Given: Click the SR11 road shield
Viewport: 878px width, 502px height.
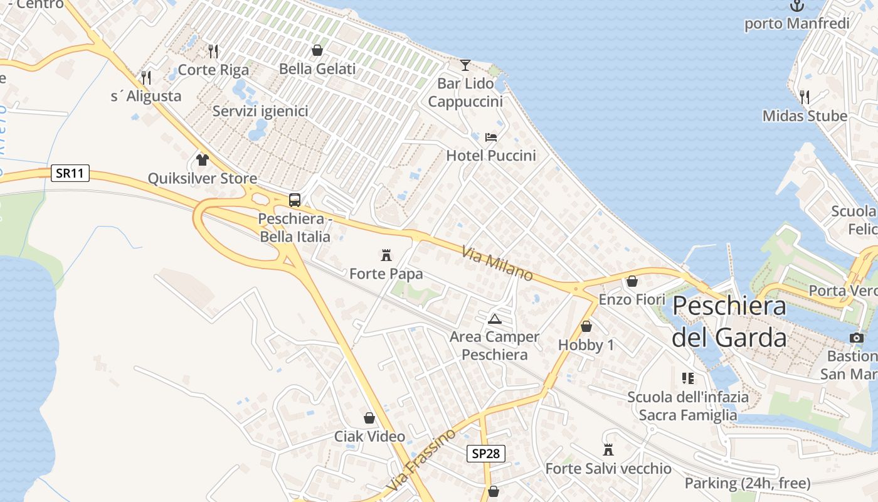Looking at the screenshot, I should coord(70,173).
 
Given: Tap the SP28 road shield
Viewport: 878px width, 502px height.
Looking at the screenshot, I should coord(485,453).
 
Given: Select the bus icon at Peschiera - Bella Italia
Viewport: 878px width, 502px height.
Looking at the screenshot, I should coord(295,200).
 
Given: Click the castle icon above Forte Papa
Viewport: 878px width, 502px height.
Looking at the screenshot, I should coord(386,255).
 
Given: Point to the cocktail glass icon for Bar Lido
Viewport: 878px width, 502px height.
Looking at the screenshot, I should coord(465,65).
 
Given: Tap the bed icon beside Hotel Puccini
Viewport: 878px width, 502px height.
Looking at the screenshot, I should coord(491,137).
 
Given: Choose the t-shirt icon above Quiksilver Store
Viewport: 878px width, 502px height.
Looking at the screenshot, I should coord(202,159).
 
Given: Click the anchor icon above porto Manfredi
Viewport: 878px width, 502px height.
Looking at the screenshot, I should coord(796,6).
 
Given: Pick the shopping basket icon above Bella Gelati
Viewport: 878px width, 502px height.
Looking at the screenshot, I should coord(317,50).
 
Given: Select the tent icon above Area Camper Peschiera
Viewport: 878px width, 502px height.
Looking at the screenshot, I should coord(494,318).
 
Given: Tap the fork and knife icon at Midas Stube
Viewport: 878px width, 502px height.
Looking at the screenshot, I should coord(805,97).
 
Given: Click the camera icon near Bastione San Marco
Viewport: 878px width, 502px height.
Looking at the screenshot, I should coord(856,338).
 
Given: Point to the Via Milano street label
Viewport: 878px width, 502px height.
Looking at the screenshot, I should coord(497,264).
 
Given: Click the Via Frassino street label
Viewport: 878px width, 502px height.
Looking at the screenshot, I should coord(421,460).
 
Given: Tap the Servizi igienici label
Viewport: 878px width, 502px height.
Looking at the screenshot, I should coord(260,111).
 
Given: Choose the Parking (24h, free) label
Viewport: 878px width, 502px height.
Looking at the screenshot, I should coord(747,483).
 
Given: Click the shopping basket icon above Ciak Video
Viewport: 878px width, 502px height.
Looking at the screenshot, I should coord(369,418).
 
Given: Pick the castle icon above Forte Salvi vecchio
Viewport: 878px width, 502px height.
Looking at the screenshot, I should coord(608,450).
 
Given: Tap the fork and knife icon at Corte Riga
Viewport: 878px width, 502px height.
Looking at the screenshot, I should coord(213,51).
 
